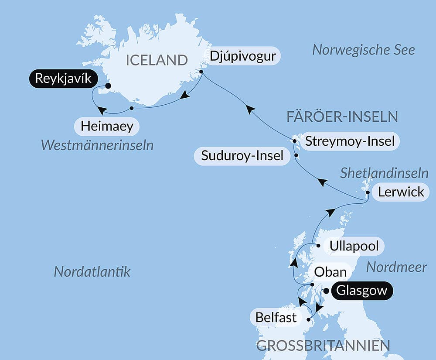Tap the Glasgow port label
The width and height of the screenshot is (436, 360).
(x=362, y=291)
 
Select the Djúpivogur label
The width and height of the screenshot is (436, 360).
(x=243, y=57)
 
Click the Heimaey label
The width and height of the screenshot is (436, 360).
(x=107, y=127)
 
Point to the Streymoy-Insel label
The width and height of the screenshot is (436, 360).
(x=350, y=141)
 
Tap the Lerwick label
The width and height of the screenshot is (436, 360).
(x=401, y=192)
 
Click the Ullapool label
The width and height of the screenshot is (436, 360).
(x=354, y=246)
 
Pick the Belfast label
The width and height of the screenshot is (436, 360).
(x=276, y=317)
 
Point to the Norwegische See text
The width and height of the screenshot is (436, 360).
(x=363, y=50)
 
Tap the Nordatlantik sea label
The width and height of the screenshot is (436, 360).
(x=92, y=272)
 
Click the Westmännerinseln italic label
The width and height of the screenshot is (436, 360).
(x=97, y=145)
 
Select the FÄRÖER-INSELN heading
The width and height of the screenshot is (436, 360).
(x=342, y=117)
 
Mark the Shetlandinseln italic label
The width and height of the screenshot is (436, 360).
(x=384, y=173)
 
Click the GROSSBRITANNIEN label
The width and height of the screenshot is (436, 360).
(x=323, y=346)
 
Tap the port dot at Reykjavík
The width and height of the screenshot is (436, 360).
(x=108, y=86)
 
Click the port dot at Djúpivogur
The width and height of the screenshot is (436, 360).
(x=201, y=72)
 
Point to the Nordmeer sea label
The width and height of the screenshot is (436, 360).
(x=396, y=267)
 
